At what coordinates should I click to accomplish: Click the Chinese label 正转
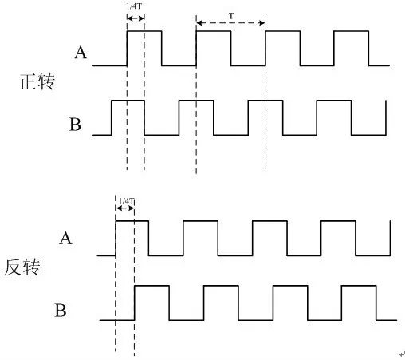point(37,81)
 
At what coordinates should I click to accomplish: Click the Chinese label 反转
point(22,267)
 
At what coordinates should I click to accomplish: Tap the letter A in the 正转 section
point(81,53)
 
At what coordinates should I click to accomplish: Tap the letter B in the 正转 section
point(75,125)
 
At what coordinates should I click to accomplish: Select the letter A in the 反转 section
point(65,238)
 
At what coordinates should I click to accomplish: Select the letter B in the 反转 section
point(61,310)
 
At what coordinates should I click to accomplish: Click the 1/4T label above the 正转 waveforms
point(134,6)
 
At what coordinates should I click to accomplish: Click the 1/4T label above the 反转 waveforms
point(127,201)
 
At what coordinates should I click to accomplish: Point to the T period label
point(231,16)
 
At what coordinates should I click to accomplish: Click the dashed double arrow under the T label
point(230,23)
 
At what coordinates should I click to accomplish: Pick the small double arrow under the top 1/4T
point(136,18)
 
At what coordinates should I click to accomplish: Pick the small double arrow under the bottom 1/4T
point(125,208)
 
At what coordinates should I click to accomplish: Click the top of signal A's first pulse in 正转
point(144,31)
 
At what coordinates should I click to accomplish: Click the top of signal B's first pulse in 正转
point(128,101)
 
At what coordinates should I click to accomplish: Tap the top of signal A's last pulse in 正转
point(351,31)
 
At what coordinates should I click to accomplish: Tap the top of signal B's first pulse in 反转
point(151,286)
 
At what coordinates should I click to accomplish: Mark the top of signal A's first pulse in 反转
point(132,221)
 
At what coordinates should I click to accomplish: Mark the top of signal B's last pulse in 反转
point(359,286)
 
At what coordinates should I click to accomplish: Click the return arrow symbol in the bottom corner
point(402,354)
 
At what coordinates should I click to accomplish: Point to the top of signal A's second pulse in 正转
point(214,31)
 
